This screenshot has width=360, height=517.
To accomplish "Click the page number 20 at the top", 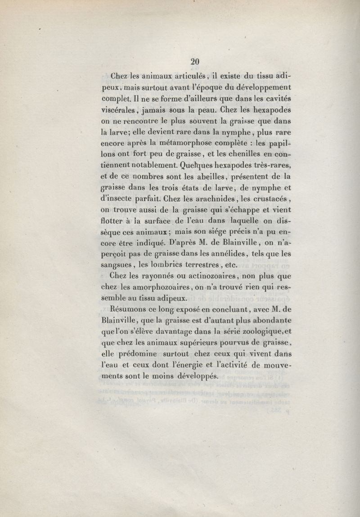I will tap(195, 62).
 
